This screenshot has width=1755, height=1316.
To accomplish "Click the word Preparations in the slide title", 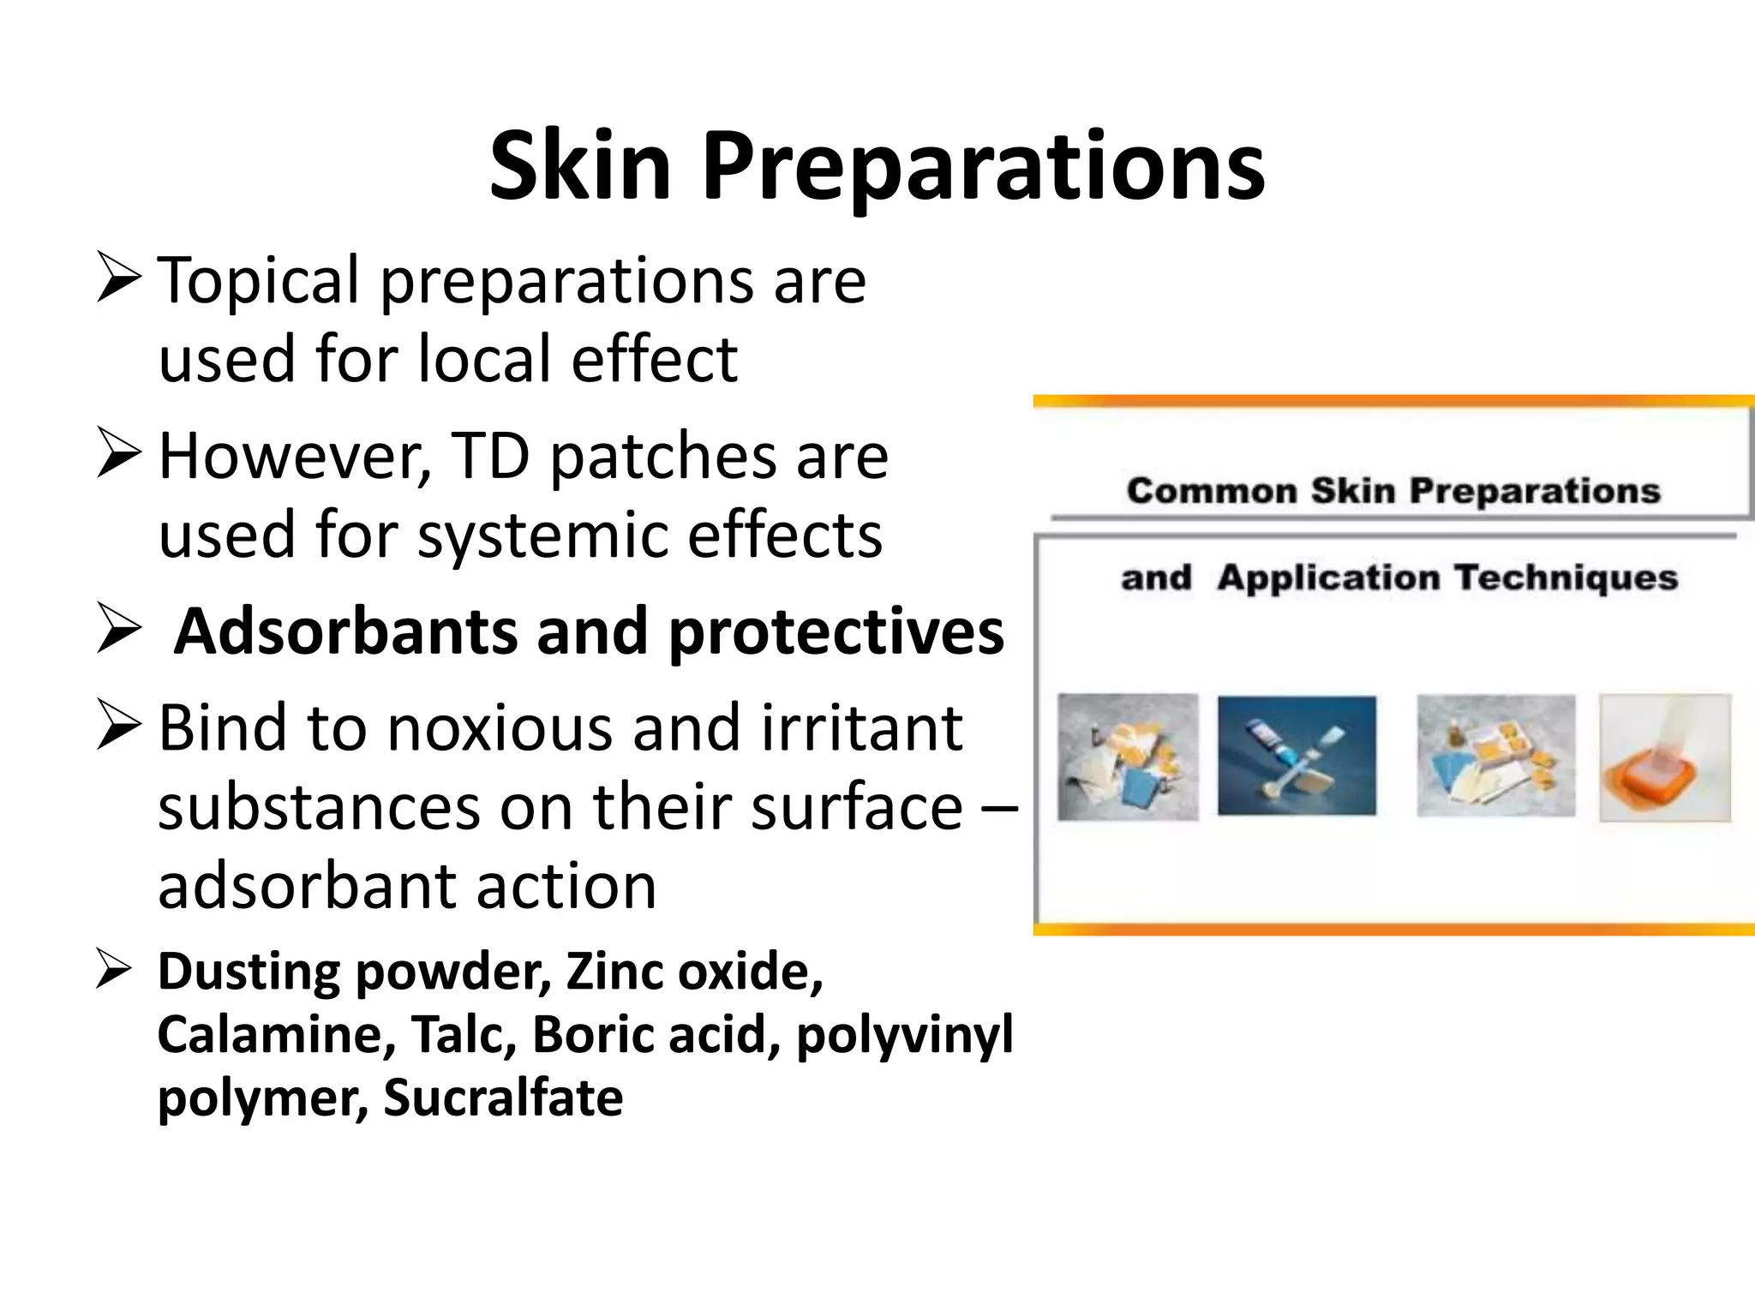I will [983, 168].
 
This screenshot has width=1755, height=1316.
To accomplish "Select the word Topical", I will [259, 281].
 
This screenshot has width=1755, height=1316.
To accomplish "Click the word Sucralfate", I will [503, 1098].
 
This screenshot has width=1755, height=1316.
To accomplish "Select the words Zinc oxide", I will [694, 972].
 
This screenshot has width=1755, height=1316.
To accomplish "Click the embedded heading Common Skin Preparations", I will [1393, 491].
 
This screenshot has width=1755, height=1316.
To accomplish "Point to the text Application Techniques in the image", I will [1447, 578].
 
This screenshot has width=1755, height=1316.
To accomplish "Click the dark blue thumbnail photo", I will [1297, 756].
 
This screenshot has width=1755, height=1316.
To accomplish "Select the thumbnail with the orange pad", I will [1664, 758].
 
